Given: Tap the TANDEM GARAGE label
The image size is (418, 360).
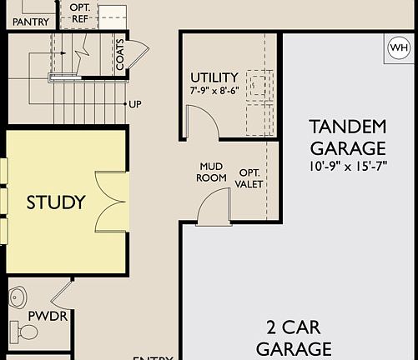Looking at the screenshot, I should tap(348, 137).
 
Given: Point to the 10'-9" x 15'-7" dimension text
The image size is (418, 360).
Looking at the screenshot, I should tap(348, 167).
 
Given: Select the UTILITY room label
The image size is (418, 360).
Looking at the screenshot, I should tap(214, 77).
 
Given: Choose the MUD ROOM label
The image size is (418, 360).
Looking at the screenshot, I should tap(212, 171).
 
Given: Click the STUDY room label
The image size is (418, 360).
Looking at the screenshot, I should tap(56, 202).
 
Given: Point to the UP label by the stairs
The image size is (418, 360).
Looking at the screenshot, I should tap(134, 104).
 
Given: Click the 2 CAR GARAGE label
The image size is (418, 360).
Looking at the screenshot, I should tap(294, 337).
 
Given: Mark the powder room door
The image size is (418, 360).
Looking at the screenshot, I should tap(60, 292).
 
